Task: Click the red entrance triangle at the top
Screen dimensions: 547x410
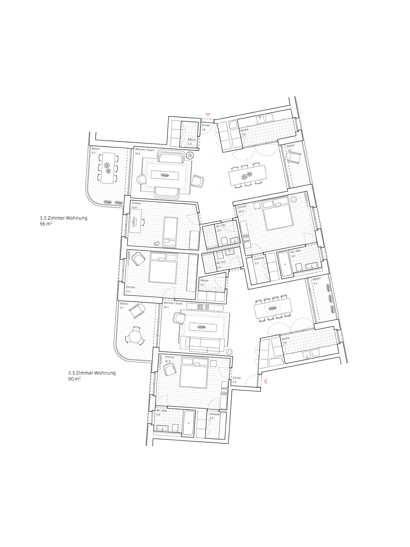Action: tap(208, 114)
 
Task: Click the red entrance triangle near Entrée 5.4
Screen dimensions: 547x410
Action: tap(266, 381)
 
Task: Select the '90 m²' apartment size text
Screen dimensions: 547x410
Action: tap(74, 379)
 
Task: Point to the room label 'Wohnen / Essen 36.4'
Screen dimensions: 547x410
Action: tap(144, 151)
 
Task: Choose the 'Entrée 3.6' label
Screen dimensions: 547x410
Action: tap(205, 127)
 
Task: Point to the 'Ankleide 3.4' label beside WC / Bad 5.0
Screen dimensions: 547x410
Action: tap(259, 260)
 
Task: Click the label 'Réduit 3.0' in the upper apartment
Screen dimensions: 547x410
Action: tap(191, 142)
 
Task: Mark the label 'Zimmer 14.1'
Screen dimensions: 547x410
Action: tap(131, 289)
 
